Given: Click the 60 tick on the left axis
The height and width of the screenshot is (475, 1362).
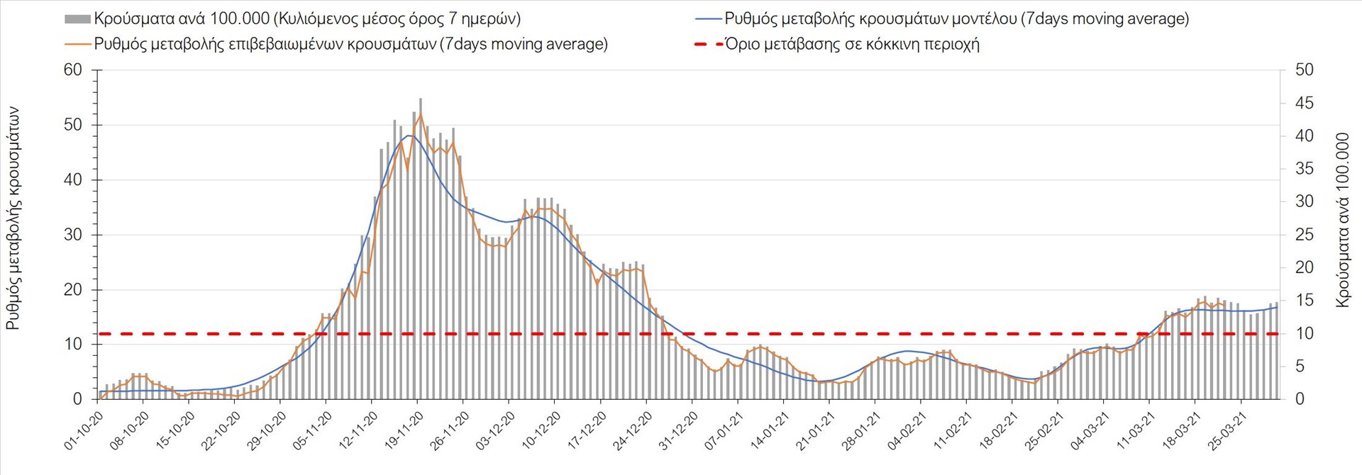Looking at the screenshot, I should [x=73, y=69].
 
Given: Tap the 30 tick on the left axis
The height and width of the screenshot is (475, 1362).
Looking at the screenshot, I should [x=73, y=235].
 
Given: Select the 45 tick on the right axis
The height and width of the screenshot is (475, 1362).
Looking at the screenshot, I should [x=1304, y=103].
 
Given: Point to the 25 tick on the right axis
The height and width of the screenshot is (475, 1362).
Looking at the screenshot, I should [x=1304, y=235].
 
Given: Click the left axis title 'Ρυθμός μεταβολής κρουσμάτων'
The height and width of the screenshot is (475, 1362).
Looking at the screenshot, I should [x=13, y=218].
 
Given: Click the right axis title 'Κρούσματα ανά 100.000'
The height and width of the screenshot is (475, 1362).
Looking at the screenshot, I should [x=1342, y=220].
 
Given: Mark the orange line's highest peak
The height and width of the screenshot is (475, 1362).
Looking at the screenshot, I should [x=421, y=114].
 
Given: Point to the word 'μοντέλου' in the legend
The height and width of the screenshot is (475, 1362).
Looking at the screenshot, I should [x=982, y=19].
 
